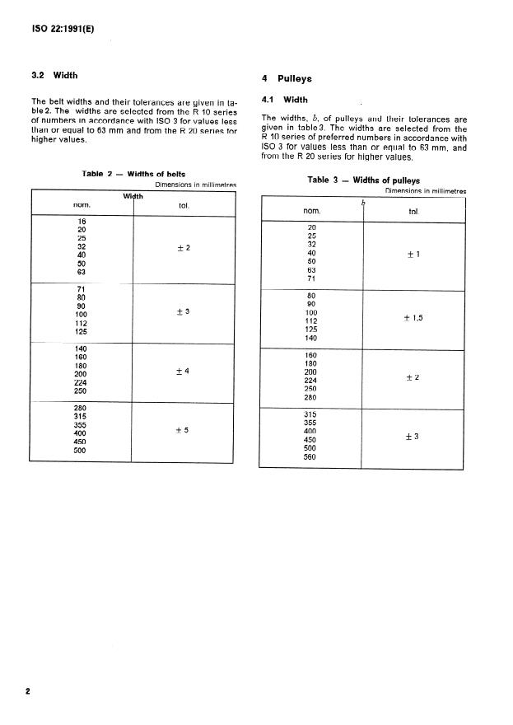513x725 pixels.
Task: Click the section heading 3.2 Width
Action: click(54, 75)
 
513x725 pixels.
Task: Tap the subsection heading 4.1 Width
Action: click(284, 101)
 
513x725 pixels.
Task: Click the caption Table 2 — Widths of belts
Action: click(133, 174)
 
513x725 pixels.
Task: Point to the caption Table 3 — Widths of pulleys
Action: click(363, 180)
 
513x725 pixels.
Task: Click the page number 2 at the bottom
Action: click(28, 690)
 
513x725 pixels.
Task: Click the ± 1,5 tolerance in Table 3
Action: click(413, 317)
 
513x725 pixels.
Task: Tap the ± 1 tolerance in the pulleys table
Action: click(413, 254)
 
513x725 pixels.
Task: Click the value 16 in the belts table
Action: click(81, 221)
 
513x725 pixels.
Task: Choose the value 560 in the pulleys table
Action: click(310, 457)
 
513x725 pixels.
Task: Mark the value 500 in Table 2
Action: click(81, 450)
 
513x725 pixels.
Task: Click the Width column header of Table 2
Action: click(133, 196)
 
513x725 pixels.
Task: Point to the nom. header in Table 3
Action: click(311, 212)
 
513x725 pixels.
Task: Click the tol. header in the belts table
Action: click(183, 205)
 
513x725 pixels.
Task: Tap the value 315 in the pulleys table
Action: click(310, 414)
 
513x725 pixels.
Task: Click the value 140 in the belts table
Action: click(81, 348)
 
